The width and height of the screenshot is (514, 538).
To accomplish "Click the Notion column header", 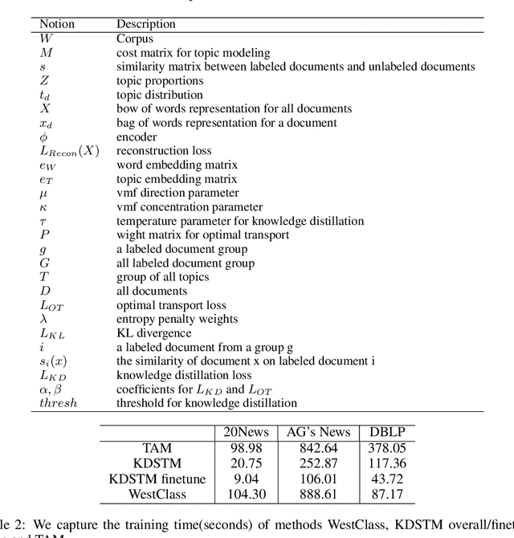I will point(57,24).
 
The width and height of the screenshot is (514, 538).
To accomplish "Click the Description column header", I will point(147,24).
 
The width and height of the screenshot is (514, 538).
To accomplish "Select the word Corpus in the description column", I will point(134,38).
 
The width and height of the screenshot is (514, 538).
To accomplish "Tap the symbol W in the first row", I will point(46,38).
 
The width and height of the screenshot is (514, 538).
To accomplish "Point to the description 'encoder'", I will point(137,137).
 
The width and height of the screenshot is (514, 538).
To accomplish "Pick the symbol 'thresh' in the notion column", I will point(59,402).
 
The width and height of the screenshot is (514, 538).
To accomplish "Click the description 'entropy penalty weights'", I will point(177,319).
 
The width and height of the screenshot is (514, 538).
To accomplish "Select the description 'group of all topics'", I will point(163,277).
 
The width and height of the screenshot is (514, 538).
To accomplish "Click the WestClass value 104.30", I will point(244,493).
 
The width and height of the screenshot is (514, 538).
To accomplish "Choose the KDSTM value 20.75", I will point(244,463).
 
